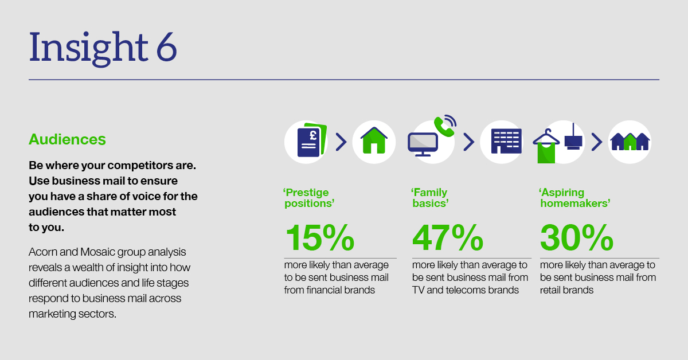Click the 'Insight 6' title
pos(103,49)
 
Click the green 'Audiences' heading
pos(67,139)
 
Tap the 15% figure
pos(320,237)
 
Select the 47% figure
pos(448,237)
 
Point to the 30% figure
pos(577,237)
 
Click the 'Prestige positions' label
pos(308,198)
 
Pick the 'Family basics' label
pos(429,198)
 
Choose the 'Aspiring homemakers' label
pos(574,198)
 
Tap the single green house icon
pos(374,140)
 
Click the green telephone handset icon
pos(444,126)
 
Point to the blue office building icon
pos(506,141)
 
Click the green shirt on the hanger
pos(546,152)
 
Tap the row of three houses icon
pos(630,142)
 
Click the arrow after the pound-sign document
pos(341,142)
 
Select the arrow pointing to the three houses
pos(597,142)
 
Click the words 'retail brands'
pos(566,290)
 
